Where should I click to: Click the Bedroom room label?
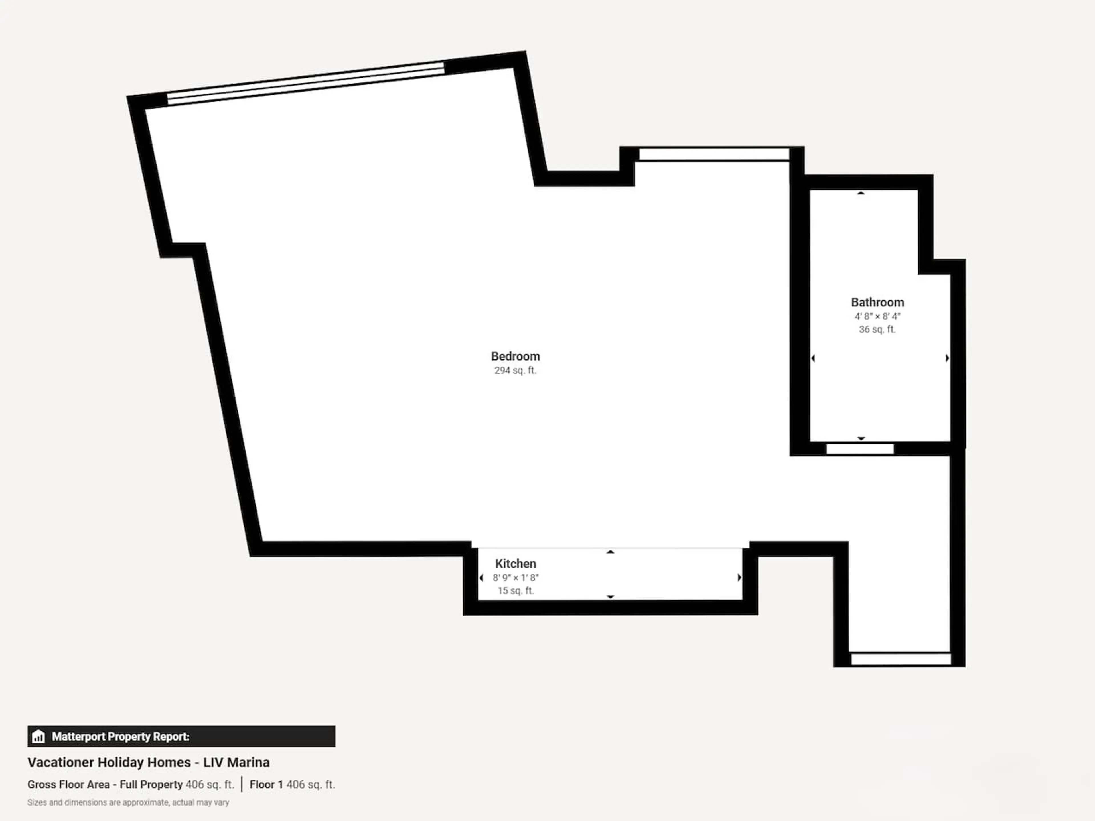point(515,356)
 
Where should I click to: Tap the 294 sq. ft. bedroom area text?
point(515,371)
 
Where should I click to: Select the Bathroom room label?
point(877,302)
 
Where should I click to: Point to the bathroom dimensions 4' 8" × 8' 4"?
point(877,316)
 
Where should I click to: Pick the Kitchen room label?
point(515,564)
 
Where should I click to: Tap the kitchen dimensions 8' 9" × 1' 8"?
point(515,578)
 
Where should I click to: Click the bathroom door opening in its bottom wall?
point(860,449)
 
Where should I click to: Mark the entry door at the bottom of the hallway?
point(901,659)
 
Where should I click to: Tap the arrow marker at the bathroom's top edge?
point(861,193)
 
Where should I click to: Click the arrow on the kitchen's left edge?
point(481,578)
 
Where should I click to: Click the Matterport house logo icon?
point(38,737)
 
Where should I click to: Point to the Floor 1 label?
point(266,785)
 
